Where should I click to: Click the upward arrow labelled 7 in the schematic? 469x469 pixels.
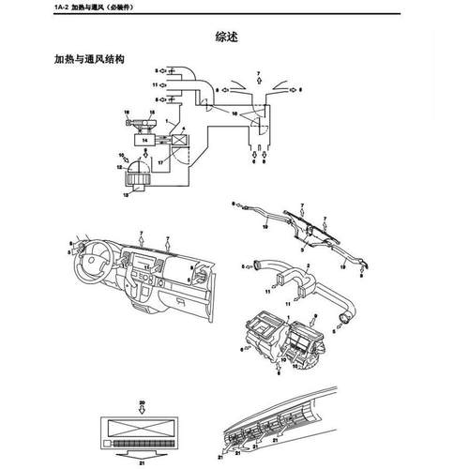(x=258, y=83)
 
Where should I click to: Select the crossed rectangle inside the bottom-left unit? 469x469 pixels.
(x=142, y=423)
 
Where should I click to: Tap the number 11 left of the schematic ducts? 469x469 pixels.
(x=154, y=84)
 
